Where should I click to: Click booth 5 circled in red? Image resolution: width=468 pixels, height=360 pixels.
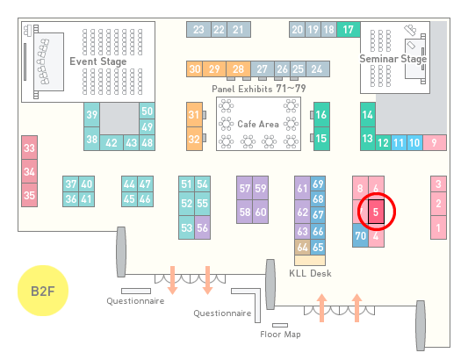[376, 212]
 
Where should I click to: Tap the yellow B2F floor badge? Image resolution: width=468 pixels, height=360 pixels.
[43, 291]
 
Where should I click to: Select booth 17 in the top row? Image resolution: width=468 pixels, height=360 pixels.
[349, 30]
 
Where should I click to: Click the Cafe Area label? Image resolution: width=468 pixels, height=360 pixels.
[258, 124]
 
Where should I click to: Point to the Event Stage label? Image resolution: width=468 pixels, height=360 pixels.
[97, 61]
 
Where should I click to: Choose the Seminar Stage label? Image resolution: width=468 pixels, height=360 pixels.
[393, 59]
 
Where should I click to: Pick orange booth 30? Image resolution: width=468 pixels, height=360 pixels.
[195, 69]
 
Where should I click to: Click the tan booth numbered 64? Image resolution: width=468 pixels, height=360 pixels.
[302, 247]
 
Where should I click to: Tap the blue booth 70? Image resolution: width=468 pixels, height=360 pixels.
[360, 235]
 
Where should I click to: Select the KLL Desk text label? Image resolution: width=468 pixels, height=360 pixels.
[310, 273]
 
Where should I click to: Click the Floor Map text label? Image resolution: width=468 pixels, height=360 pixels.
[280, 335]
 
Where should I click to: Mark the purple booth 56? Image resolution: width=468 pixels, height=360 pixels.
[202, 227]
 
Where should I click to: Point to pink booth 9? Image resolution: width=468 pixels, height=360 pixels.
[435, 143]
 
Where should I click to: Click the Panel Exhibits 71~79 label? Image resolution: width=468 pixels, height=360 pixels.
[258, 89]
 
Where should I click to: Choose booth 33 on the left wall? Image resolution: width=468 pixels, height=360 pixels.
[29, 148]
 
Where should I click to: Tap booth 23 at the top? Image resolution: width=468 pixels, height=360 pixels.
[198, 30]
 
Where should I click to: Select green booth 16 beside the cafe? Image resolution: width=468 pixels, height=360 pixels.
[321, 114]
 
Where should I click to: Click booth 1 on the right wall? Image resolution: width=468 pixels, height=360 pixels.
[438, 227]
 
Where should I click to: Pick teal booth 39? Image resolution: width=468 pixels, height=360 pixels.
[91, 115]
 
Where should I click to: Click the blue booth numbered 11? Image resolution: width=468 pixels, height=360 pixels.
[399, 143]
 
